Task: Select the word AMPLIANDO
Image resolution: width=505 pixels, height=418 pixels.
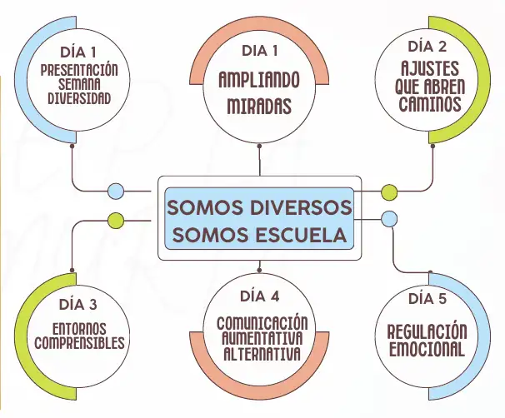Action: (259, 81)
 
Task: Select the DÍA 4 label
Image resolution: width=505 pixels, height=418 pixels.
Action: (259, 296)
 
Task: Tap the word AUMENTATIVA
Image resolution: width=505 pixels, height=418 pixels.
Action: (259, 338)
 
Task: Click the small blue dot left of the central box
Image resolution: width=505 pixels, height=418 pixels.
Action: (116, 192)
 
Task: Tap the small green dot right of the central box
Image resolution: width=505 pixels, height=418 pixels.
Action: (389, 192)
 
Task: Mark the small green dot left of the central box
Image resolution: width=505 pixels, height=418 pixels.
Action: (116, 220)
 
